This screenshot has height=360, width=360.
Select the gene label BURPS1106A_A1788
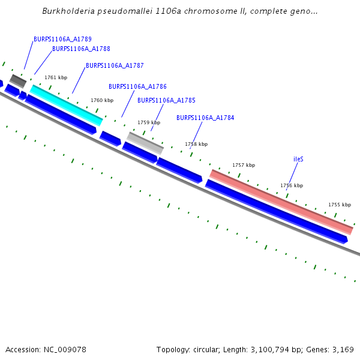(81, 49)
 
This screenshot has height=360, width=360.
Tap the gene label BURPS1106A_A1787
(115, 66)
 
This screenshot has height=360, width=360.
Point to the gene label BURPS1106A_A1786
(137, 87)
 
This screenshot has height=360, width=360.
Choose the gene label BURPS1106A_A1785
(166, 101)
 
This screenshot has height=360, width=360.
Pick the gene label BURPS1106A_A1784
(205, 118)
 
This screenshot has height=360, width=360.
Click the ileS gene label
(298, 160)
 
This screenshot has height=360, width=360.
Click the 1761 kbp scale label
(56, 77)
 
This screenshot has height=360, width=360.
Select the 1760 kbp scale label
(102, 101)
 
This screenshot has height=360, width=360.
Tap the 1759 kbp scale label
(149, 122)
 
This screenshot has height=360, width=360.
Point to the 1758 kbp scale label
(196, 144)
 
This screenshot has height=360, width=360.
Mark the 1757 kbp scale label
(244, 165)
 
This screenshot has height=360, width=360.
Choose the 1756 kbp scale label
(292, 186)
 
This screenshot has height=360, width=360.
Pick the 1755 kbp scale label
(340, 205)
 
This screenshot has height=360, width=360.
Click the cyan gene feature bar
(66, 104)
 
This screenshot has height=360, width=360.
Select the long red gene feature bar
(281, 202)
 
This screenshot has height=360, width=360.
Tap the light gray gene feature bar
(145, 143)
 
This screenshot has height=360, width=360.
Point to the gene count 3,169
(343, 349)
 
